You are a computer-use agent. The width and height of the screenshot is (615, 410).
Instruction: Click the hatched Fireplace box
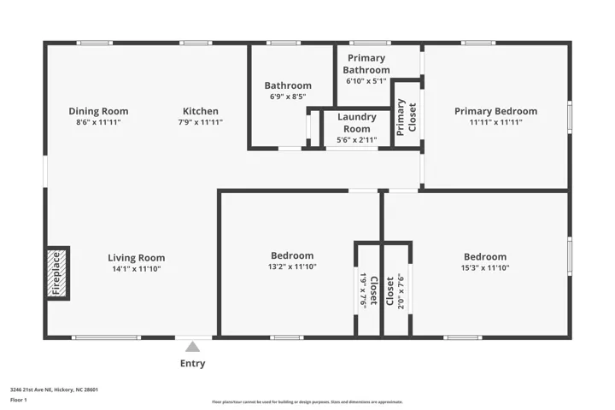click(57, 273)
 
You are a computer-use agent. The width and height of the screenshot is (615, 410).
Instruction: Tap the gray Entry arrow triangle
click(192, 347)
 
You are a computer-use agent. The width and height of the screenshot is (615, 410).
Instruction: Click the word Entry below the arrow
click(192, 363)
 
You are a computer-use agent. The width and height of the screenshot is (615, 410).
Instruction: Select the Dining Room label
click(98, 111)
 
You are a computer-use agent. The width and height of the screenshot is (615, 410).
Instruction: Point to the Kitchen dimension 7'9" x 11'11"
click(201, 122)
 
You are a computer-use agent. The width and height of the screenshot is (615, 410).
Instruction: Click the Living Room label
click(137, 258)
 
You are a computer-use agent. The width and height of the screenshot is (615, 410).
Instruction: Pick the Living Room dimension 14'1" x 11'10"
click(137, 269)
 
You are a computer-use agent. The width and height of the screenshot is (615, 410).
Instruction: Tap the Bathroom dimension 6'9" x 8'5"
click(288, 97)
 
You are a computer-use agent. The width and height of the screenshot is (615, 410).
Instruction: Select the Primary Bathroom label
click(366, 64)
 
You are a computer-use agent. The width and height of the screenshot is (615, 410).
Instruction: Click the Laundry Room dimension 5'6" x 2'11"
click(357, 140)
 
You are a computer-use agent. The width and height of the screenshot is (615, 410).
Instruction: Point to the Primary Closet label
click(407, 117)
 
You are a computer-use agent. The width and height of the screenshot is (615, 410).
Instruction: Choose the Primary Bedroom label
click(495, 111)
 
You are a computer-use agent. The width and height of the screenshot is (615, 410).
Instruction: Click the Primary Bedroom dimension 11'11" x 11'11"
click(495, 122)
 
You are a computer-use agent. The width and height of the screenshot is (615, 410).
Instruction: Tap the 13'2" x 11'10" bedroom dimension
click(292, 266)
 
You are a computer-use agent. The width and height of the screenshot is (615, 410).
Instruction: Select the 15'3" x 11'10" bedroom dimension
click(485, 268)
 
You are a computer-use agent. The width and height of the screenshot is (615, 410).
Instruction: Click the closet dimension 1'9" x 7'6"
click(363, 290)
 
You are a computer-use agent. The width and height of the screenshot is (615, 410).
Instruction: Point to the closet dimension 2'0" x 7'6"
click(401, 291)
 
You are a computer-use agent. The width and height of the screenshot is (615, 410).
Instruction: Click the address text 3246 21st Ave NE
click(31, 389)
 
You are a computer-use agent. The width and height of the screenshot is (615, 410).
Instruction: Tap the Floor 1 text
click(19, 401)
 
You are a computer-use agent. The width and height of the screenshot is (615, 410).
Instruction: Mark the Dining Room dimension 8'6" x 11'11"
click(98, 122)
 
